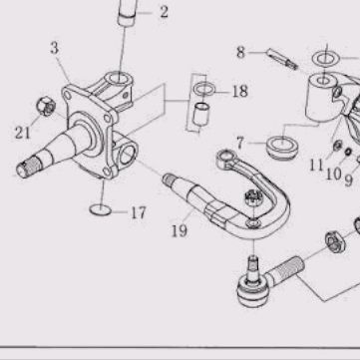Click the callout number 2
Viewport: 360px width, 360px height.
[165, 12]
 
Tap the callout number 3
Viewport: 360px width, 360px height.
[55, 48]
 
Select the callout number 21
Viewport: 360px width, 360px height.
[23, 134]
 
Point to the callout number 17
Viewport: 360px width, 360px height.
[139, 212]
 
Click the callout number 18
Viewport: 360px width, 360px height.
[240, 92]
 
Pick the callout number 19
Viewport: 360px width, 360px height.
[180, 231]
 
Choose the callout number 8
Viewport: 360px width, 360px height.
[240, 53]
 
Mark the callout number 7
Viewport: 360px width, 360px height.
[240, 144]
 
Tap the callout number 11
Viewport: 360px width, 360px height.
[316, 165]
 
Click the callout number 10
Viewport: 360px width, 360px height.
[333, 174]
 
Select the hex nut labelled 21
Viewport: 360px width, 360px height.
[46, 106]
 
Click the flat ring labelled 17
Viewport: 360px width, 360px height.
[101, 209]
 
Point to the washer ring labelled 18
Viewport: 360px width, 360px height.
[204, 89]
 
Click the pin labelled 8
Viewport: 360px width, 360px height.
[282, 59]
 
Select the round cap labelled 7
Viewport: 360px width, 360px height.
[281, 147]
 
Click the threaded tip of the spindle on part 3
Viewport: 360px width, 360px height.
[28, 167]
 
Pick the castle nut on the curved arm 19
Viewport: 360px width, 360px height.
[252, 198]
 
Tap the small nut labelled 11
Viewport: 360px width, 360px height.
[338, 145]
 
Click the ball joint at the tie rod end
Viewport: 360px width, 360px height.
[252, 290]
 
